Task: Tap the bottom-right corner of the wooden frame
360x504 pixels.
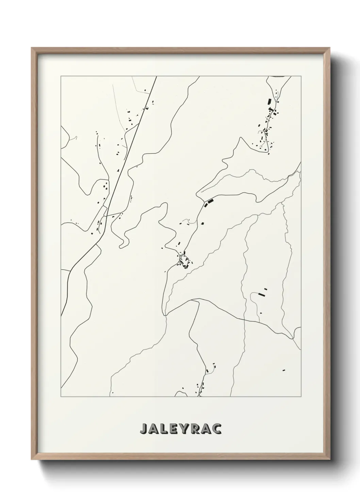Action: pyautogui.click(x=329, y=460)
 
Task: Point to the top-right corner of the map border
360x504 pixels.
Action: pyautogui.click(x=301, y=76)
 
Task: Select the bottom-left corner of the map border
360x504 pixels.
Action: pyautogui.click(x=61, y=397)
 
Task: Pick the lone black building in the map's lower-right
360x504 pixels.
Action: pyautogui.click(x=283, y=370)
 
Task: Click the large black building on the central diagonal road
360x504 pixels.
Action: pyautogui.click(x=210, y=202)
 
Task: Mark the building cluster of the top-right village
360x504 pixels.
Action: pyautogui.click(x=269, y=123)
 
